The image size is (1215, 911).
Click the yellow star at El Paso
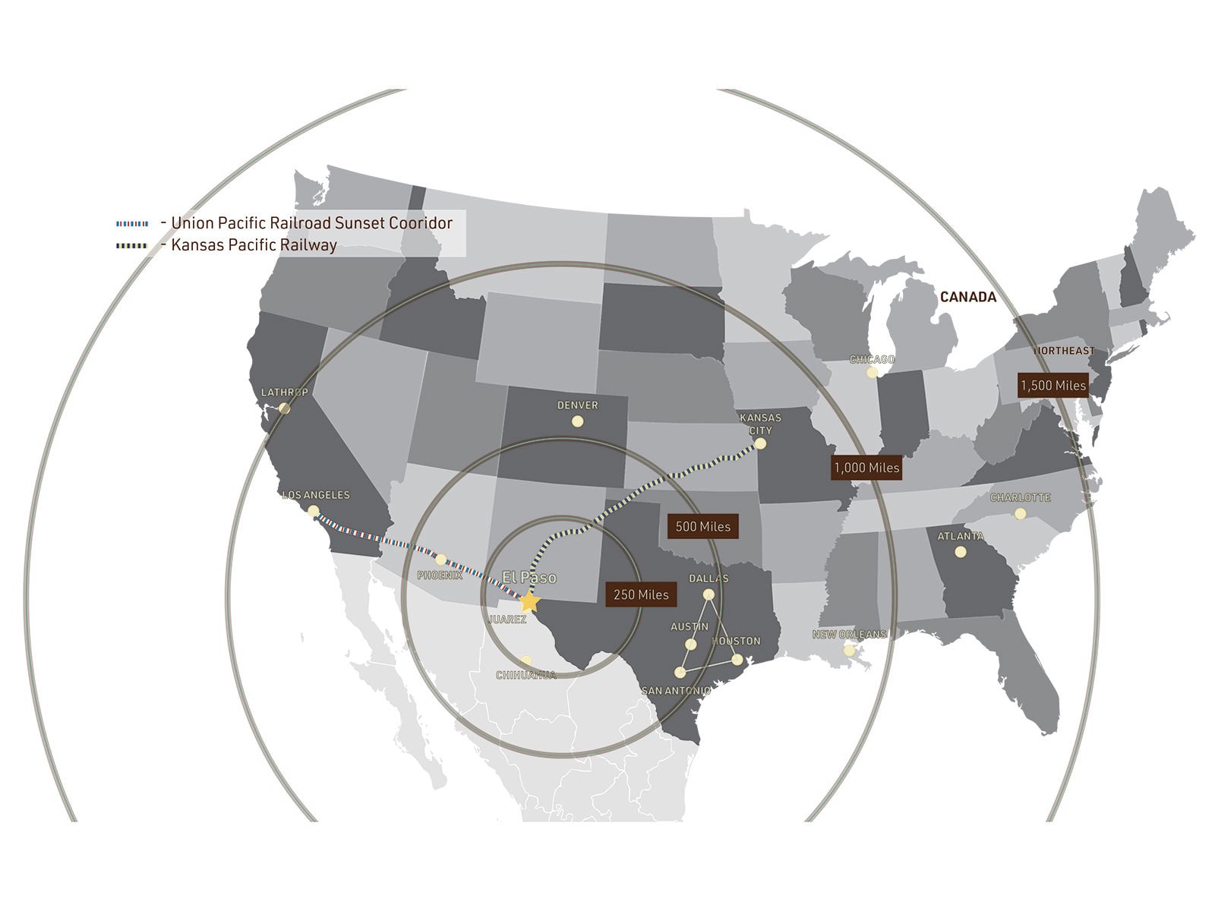[x=529, y=601]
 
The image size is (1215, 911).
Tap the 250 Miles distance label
[x=641, y=594]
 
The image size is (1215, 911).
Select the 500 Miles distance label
[x=702, y=526]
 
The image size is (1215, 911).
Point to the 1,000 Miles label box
[x=866, y=468]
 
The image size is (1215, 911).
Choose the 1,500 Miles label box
[x=1052, y=385]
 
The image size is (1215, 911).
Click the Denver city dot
[x=577, y=421]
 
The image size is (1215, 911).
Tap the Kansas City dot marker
[x=761, y=446]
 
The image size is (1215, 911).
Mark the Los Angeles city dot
[x=313, y=512]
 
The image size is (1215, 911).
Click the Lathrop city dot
[x=285, y=408]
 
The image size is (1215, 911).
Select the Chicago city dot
[x=872, y=373]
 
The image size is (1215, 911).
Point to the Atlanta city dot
[x=961, y=552]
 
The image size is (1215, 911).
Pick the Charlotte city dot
[x=1020, y=514]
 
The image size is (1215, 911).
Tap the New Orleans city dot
[x=849, y=651]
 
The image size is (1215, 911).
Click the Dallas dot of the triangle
[x=708, y=594]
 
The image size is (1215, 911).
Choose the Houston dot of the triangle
[x=737, y=659]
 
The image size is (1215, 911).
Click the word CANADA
[x=967, y=297]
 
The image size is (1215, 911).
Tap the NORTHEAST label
[x=1063, y=351]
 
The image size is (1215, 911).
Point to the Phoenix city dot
[x=441, y=560]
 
